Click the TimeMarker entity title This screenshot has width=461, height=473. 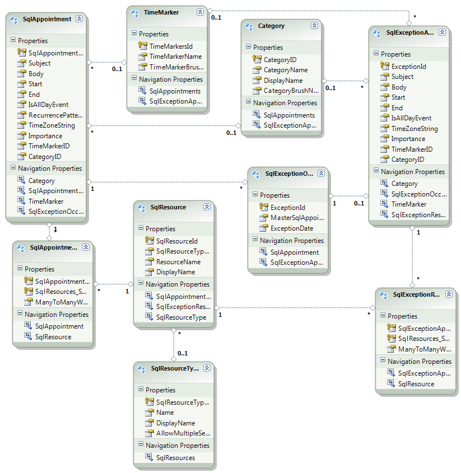(160, 12)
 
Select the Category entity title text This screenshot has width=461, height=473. (271, 26)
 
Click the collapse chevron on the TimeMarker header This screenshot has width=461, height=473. (200, 12)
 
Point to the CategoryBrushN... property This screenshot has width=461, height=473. (291, 91)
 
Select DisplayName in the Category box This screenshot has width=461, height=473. (283, 81)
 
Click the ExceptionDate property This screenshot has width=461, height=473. (292, 228)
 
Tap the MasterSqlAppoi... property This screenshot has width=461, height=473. (297, 218)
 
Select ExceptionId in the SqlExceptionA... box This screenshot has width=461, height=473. (408, 66)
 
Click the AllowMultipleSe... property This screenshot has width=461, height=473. (183, 433)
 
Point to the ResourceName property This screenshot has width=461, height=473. (178, 261)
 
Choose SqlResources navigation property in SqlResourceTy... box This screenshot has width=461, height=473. (175, 457)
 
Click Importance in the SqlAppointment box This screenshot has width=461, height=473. (45, 135)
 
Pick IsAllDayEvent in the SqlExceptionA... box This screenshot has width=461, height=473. (411, 118)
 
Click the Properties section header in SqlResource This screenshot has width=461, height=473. (160, 228)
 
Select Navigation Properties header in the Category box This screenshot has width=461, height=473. (285, 103)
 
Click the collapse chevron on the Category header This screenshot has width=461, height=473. (314, 26)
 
